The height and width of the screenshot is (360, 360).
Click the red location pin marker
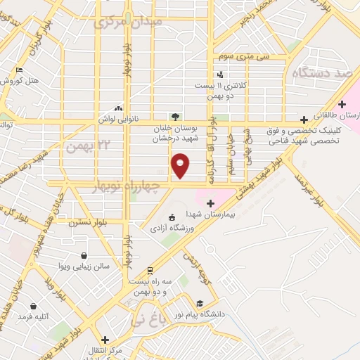181,165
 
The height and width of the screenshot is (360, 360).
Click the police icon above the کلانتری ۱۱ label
221,75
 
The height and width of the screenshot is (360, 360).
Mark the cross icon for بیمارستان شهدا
211,202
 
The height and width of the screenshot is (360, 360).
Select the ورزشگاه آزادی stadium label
168,229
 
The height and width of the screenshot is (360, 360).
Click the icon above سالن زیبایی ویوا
84,256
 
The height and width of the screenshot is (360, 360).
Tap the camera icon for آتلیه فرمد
33,306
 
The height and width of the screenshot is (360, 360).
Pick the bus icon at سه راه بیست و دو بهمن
150,271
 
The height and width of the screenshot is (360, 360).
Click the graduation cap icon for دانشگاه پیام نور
200,304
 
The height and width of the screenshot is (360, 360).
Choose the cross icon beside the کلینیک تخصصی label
303,120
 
